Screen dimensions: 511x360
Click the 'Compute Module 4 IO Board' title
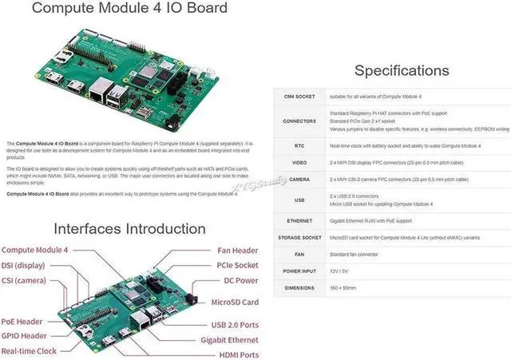[x=129, y=10]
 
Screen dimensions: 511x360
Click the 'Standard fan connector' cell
[x=357, y=253]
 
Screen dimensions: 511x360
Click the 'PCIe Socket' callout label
[x=237, y=265]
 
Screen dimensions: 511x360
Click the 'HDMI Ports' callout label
[x=239, y=354]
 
